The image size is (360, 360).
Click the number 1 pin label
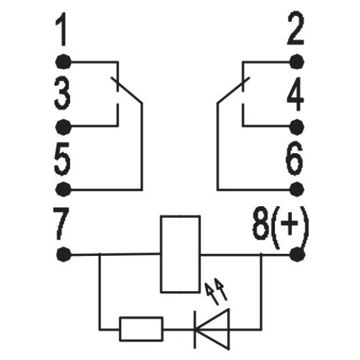tap(62, 29)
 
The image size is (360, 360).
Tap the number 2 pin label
tap(296, 27)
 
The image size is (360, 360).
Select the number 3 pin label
tap(62, 93)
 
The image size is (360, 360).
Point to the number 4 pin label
tap(295, 94)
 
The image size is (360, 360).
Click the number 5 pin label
tap(62, 159)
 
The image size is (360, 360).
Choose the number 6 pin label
tap(295, 158)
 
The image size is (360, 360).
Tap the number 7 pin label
tap(61, 223)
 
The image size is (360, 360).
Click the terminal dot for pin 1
tap(63, 62)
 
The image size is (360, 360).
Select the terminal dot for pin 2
tap(297, 62)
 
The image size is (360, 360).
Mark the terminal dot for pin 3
tap(63, 127)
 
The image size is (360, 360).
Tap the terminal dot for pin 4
tap(297, 127)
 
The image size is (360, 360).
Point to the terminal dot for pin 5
tap(63, 189)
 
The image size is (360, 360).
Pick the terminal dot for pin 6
tap(297, 189)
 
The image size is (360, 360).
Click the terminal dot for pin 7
tap(64, 255)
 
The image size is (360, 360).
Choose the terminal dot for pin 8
tap(297, 255)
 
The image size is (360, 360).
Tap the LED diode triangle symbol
tap(211, 330)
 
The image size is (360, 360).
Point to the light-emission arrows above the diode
tap(216, 291)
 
